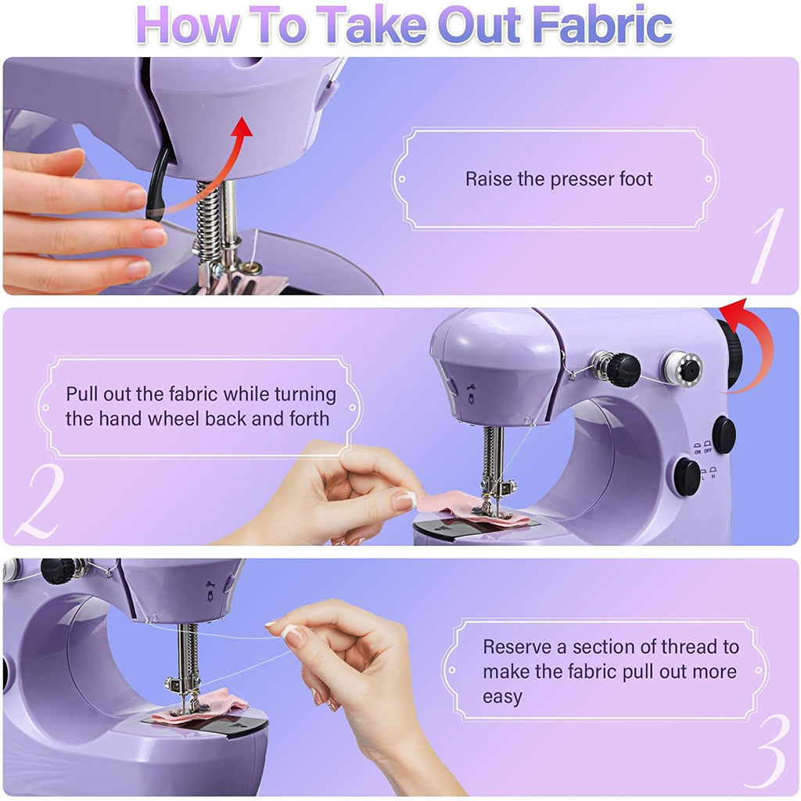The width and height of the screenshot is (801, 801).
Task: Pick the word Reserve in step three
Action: coord(524,647)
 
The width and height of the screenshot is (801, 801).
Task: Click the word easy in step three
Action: coord(502,695)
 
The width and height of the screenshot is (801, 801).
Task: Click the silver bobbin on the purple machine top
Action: coord(682,366)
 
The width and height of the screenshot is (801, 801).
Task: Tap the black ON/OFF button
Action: coord(724,435)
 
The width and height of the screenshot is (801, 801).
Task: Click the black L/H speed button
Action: coord(688,476)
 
